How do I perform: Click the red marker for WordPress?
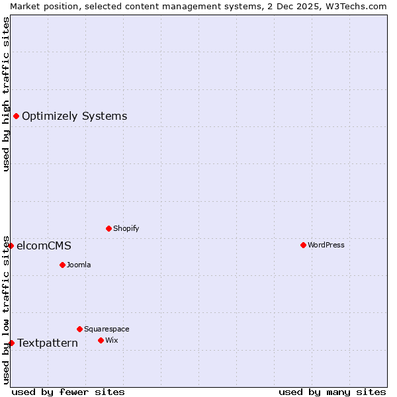click(x=303, y=245)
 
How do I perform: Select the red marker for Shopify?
click(x=109, y=228)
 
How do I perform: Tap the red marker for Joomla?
click(x=62, y=265)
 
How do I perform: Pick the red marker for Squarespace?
click(x=79, y=329)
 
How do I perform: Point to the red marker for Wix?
click(x=101, y=340)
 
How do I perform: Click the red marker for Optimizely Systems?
click(x=16, y=116)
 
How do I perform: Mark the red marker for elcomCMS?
click(x=11, y=245)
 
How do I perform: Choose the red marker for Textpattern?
click(x=11, y=343)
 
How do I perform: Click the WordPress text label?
click(x=326, y=245)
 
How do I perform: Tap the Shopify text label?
click(x=126, y=228)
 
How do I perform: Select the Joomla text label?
click(x=79, y=265)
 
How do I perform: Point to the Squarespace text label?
click(x=107, y=329)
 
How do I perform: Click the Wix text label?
click(x=111, y=340)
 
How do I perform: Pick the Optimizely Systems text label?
click(x=74, y=116)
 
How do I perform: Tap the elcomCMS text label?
click(x=44, y=245)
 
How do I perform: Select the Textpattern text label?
click(x=48, y=343)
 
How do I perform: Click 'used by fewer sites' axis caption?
click(x=68, y=392)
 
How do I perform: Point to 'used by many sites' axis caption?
click(x=332, y=392)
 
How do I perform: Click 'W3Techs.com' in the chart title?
click(x=361, y=6)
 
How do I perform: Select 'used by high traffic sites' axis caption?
click(x=6, y=94)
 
